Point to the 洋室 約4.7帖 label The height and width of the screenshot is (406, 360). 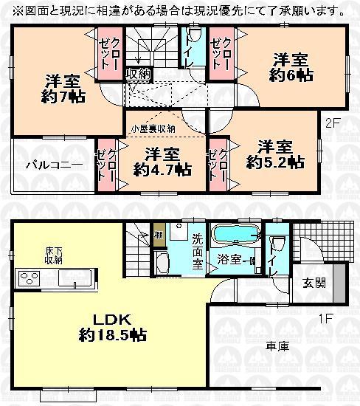pos(162,161)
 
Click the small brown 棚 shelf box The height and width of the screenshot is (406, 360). pos(159,236)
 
